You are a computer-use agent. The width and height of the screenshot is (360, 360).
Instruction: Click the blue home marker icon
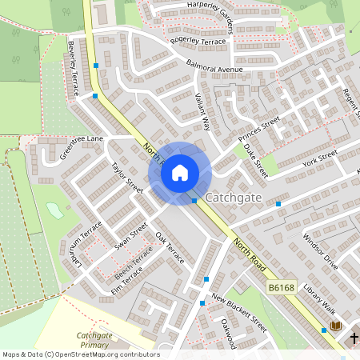tap(179, 173)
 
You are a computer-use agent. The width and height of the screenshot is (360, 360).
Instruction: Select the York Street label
tap(317, 161)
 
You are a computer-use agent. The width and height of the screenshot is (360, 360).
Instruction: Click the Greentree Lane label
tap(82, 147)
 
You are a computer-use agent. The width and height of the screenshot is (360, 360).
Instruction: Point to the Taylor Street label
tap(127, 177)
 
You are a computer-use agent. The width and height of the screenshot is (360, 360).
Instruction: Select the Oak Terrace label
tap(170, 249)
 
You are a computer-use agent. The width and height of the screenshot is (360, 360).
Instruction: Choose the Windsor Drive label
tap(320, 252)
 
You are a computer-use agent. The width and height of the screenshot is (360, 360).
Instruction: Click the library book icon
tap(336, 326)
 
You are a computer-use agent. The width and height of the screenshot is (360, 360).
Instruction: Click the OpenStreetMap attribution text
tap(80, 354)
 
